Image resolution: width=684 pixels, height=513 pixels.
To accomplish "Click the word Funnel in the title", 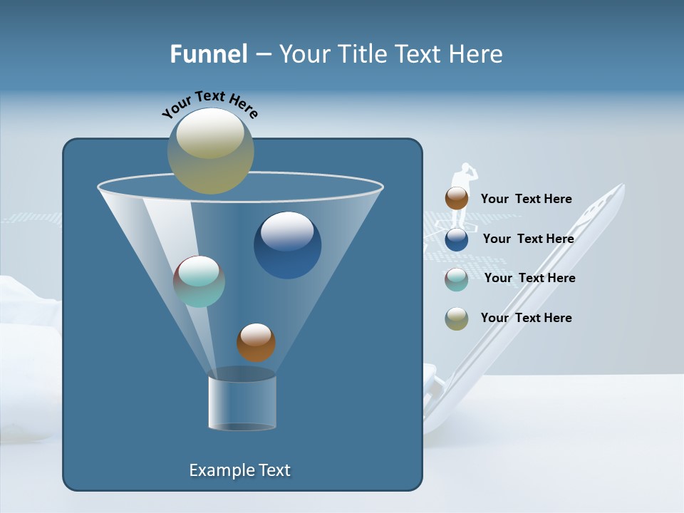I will tap(209, 54).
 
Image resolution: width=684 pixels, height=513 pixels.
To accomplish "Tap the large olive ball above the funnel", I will tap(211, 151).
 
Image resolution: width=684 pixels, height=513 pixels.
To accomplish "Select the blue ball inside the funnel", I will tap(287, 244).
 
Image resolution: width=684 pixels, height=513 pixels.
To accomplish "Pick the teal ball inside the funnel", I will tap(199, 281).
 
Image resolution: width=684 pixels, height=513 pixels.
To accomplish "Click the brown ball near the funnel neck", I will tap(256, 342).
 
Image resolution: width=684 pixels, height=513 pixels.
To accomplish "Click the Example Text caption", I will tap(239, 470).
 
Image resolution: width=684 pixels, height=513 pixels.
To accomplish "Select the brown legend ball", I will tap(457, 198).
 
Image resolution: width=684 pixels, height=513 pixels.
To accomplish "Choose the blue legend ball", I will tap(457, 239).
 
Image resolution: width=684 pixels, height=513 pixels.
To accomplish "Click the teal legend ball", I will tap(457, 279).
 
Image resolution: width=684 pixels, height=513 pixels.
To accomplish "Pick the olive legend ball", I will tap(457, 318).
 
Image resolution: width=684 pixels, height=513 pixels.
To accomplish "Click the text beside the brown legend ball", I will tap(526, 199).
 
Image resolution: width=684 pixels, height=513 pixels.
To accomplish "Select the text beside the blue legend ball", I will tap(528, 239).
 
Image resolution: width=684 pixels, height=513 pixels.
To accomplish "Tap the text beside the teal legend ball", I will tap(529, 278).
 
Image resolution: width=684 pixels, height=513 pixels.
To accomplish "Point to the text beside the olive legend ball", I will tap(526, 318).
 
